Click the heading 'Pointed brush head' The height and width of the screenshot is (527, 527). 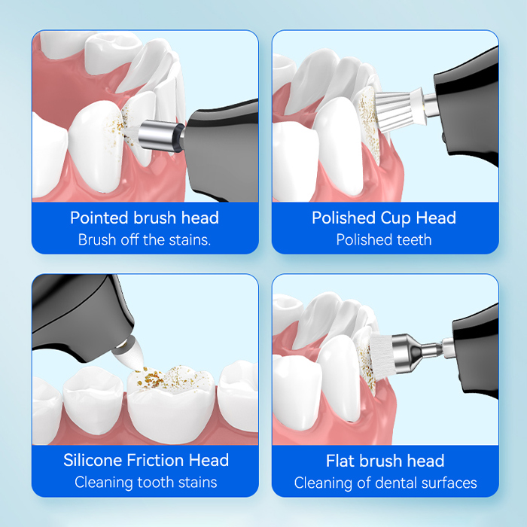[145, 218]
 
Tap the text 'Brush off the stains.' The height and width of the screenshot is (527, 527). [145, 240]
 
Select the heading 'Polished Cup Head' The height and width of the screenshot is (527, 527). [384, 218]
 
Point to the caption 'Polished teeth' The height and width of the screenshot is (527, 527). [384, 240]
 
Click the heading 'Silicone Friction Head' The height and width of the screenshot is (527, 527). [146, 460]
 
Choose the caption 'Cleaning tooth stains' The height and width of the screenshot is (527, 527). [146, 483]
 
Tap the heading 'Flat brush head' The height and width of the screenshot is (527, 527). [385, 461]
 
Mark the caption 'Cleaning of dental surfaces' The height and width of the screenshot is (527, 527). [385, 483]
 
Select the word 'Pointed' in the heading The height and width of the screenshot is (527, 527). [99, 218]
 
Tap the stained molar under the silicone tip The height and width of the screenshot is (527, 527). [172, 404]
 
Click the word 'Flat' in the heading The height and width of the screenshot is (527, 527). [341, 461]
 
